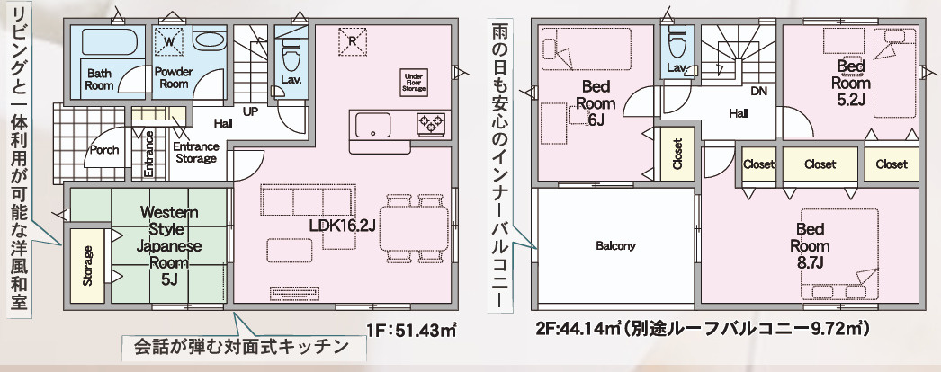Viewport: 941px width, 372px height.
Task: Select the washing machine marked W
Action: coord(171,40)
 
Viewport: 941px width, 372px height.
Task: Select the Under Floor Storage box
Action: coord(414,83)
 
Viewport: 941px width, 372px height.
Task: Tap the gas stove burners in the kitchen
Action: coord(430,124)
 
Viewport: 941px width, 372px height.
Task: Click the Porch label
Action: coord(104,150)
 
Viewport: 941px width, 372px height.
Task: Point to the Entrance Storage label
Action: coord(194,152)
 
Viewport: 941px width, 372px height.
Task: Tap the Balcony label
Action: coord(615,245)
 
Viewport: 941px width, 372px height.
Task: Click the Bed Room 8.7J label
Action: coord(810,238)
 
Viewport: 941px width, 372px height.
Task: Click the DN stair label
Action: coord(757,91)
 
